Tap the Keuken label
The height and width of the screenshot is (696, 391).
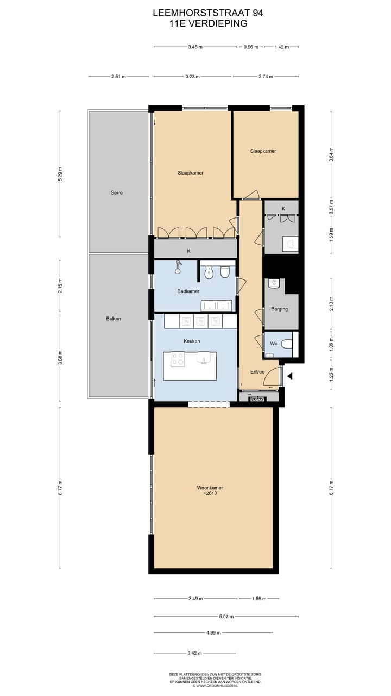click(x=192, y=341)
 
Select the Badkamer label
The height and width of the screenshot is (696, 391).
click(x=188, y=291)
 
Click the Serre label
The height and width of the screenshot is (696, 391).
click(x=117, y=192)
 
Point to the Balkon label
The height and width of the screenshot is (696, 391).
click(x=113, y=319)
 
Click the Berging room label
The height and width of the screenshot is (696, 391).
click(x=279, y=309)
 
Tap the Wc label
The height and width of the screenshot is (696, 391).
click(x=274, y=343)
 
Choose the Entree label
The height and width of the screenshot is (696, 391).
click(x=257, y=372)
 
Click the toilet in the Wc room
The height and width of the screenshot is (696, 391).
click(x=287, y=344)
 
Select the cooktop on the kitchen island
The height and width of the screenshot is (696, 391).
click(x=178, y=359)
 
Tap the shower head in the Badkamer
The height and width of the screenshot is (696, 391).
click(x=178, y=268)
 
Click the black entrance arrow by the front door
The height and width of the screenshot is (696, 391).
click(x=290, y=376)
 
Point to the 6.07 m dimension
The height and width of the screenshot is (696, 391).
click(x=226, y=617)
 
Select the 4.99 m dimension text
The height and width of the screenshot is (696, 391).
click(x=213, y=632)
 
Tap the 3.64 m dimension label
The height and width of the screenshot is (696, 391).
click(x=331, y=154)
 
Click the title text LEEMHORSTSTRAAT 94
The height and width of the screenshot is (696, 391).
click(x=208, y=12)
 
